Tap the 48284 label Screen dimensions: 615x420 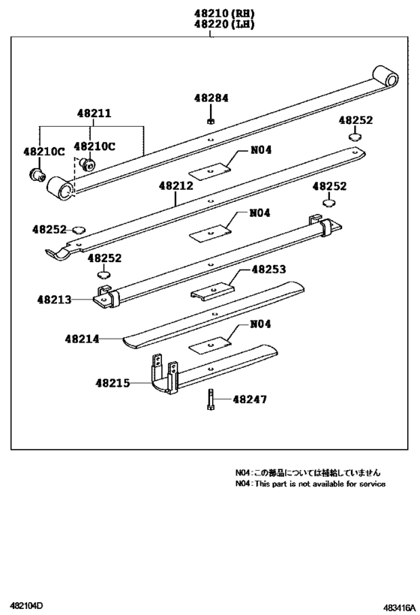coord(211,98)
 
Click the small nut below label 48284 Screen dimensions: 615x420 coord(211,119)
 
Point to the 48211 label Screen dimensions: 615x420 coord(93,113)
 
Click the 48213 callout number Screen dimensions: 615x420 coord(55,299)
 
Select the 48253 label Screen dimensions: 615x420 coord(268,269)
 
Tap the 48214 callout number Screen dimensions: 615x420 coord(82,339)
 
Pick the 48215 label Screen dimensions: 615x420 coord(112,383)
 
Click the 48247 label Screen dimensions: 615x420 coord(250,399)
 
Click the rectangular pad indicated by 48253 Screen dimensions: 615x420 coord(212,288)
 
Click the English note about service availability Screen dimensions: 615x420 coord(310,484)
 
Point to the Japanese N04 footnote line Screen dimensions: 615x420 coord(307,473)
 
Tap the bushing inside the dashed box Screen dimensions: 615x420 coord(88,164)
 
